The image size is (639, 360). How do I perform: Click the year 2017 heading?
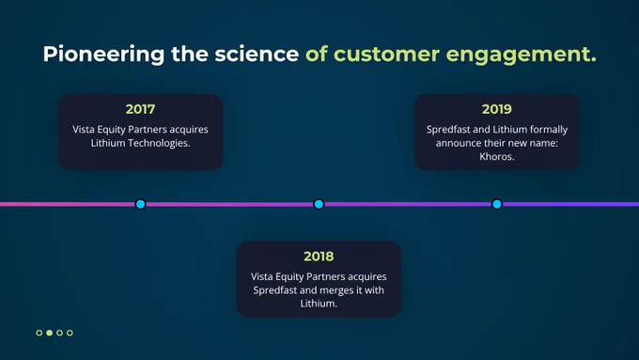140,109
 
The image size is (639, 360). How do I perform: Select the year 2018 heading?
319,257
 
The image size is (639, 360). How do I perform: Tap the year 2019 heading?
497,109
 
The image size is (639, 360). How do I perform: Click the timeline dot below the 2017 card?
141,204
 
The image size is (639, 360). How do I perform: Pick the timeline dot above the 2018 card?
319,204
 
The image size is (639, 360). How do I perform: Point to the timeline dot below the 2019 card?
497,204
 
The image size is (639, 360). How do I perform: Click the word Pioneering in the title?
103,55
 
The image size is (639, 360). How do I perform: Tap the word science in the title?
257,55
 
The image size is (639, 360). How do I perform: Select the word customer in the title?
387,55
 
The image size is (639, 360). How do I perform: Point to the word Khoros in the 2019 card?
496,157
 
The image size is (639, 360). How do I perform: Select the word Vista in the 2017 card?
84,130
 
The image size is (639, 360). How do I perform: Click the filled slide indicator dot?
49,333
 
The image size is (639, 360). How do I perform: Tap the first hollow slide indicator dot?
39,333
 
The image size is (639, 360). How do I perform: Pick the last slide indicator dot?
70,333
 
